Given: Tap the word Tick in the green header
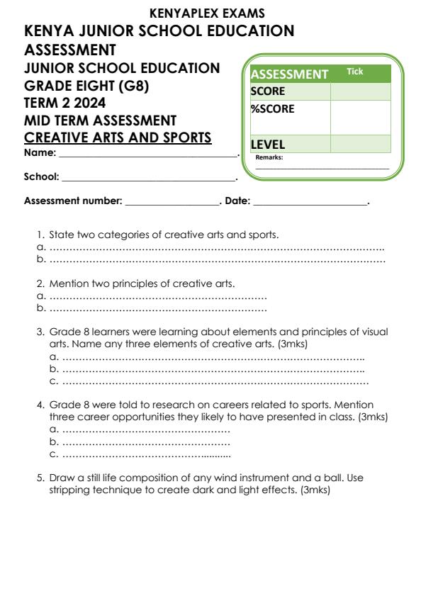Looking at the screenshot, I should point(354,72).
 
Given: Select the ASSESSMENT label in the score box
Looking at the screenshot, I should point(290,74).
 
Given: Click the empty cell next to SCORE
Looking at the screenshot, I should point(360,91).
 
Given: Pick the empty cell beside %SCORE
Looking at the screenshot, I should point(360,117).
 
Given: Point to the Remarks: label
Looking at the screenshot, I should point(269,157).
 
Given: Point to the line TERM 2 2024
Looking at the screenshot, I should point(64,103).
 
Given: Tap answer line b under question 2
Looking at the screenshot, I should point(157,308).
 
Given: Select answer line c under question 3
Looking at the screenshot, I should point(215,382).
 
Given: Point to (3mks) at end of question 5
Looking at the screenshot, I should point(315,490).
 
